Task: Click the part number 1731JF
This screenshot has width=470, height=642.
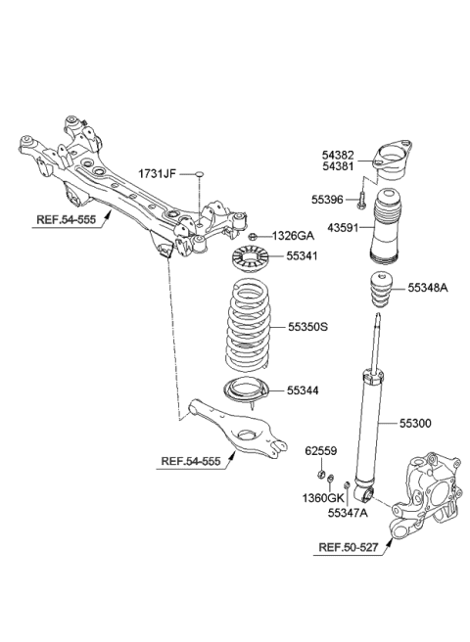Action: tap(157, 173)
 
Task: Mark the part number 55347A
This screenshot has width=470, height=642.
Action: tap(348, 512)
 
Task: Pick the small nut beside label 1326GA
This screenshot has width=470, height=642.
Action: tap(253, 237)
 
